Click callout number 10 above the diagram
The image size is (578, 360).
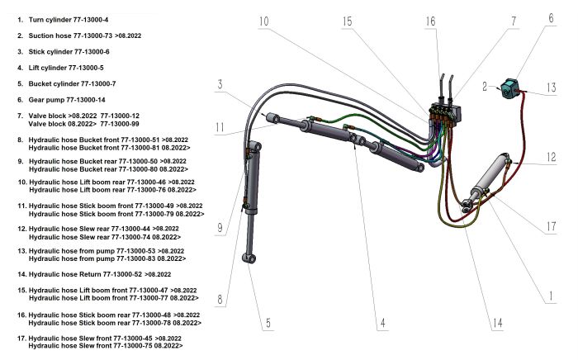263,21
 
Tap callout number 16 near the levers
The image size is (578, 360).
430,21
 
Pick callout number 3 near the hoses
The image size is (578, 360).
220,85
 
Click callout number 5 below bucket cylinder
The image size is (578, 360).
267,323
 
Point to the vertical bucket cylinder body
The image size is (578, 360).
250,198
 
